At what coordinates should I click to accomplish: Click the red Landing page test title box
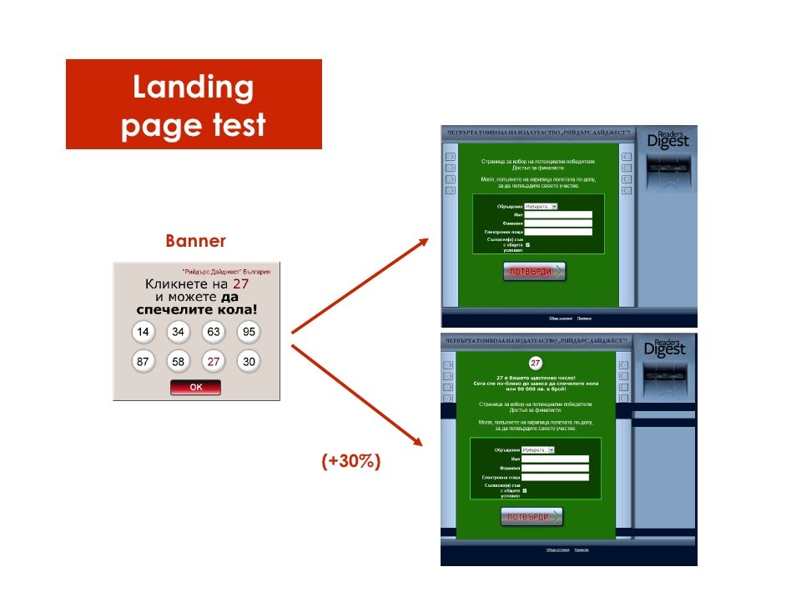pyautogui.click(x=194, y=104)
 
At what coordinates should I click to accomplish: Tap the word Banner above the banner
pyautogui.click(x=195, y=242)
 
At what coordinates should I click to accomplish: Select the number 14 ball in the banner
pyautogui.click(x=144, y=332)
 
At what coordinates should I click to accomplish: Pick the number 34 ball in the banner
pyautogui.click(x=179, y=332)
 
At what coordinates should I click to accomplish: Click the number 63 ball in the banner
pyautogui.click(x=214, y=332)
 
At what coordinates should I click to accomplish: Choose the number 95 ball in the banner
pyautogui.click(x=249, y=332)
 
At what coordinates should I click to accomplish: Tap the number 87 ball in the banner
pyautogui.click(x=144, y=362)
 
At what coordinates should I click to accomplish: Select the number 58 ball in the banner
pyautogui.click(x=179, y=362)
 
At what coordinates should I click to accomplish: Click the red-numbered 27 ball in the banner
pyautogui.click(x=214, y=362)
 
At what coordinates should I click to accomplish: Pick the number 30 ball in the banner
pyautogui.click(x=249, y=362)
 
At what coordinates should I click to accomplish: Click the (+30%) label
pyautogui.click(x=351, y=461)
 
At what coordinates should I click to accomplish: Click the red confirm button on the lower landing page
pyautogui.click(x=532, y=517)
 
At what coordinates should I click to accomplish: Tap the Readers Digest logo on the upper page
pyautogui.click(x=667, y=139)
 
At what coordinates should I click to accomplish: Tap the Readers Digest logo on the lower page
pyautogui.click(x=667, y=348)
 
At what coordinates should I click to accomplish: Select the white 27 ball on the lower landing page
pyautogui.click(x=535, y=364)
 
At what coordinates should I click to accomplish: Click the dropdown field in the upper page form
pyautogui.click(x=541, y=206)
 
